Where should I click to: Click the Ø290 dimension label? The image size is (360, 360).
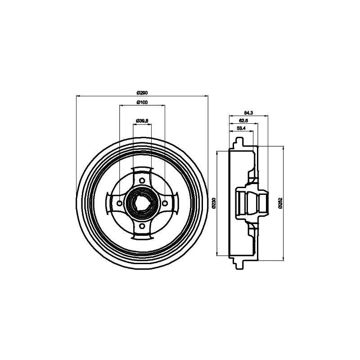click(142, 93)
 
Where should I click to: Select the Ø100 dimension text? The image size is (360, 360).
click(142, 103)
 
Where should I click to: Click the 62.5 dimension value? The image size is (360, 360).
click(244, 121)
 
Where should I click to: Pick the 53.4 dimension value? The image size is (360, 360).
click(241, 129)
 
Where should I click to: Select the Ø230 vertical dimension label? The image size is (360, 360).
click(213, 203)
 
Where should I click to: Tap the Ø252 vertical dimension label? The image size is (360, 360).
click(280, 203)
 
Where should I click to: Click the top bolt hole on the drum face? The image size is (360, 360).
click(142, 181)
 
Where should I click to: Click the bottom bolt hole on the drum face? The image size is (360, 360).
click(142, 226)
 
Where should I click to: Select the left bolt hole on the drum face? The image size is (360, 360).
click(119, 203)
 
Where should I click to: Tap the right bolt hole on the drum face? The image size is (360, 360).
click(165, 203)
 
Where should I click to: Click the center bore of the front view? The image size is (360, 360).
click(142, 203)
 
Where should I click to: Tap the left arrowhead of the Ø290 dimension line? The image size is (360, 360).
click(78, 96)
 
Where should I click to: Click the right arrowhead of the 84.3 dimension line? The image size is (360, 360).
click(267, 115)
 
